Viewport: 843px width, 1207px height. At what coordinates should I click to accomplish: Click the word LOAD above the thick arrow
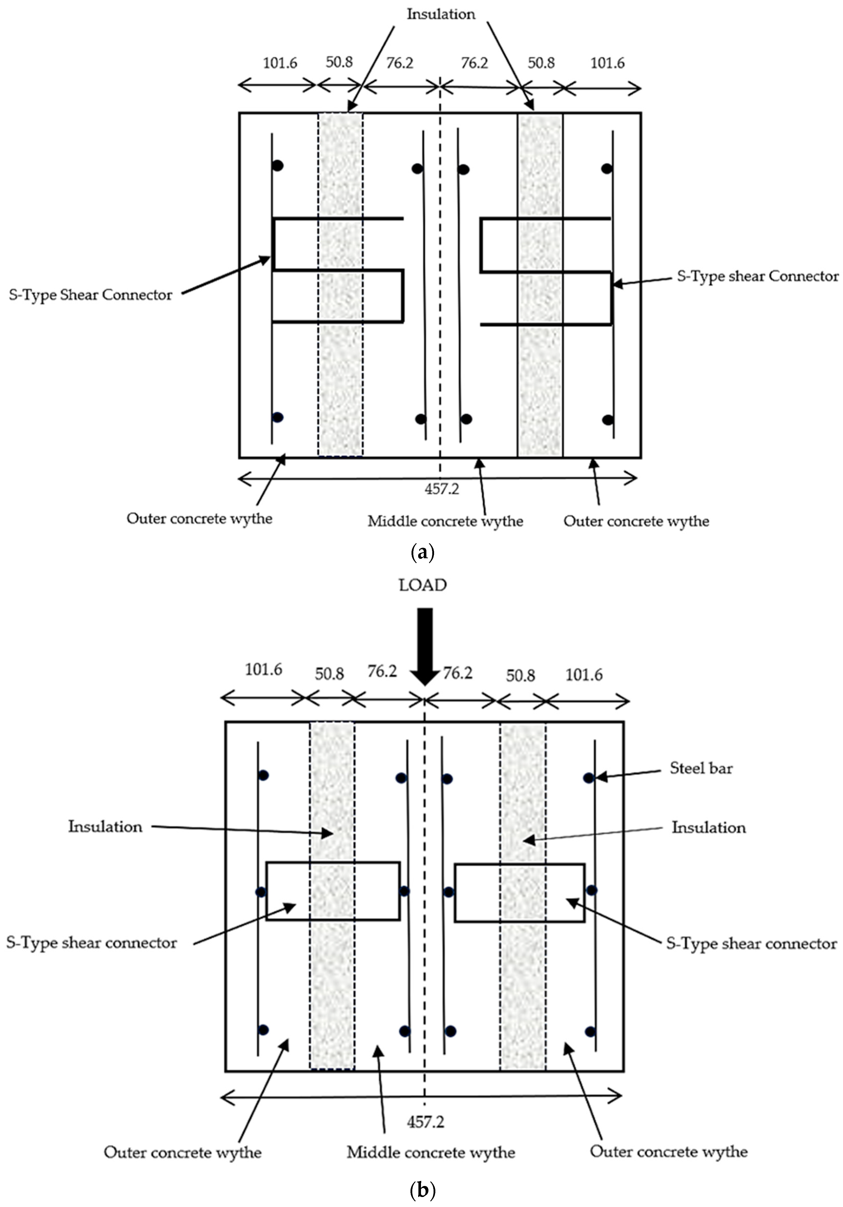tap(423, 585)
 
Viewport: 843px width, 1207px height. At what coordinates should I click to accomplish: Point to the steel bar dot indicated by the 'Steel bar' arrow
tap(589, 777)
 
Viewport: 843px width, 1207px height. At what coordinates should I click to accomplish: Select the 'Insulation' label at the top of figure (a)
tap(440, 14)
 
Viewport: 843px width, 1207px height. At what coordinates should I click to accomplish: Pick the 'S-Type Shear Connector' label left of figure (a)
tap(90, 295)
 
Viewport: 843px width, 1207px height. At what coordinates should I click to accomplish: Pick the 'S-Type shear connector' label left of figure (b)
tap(91, 942)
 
